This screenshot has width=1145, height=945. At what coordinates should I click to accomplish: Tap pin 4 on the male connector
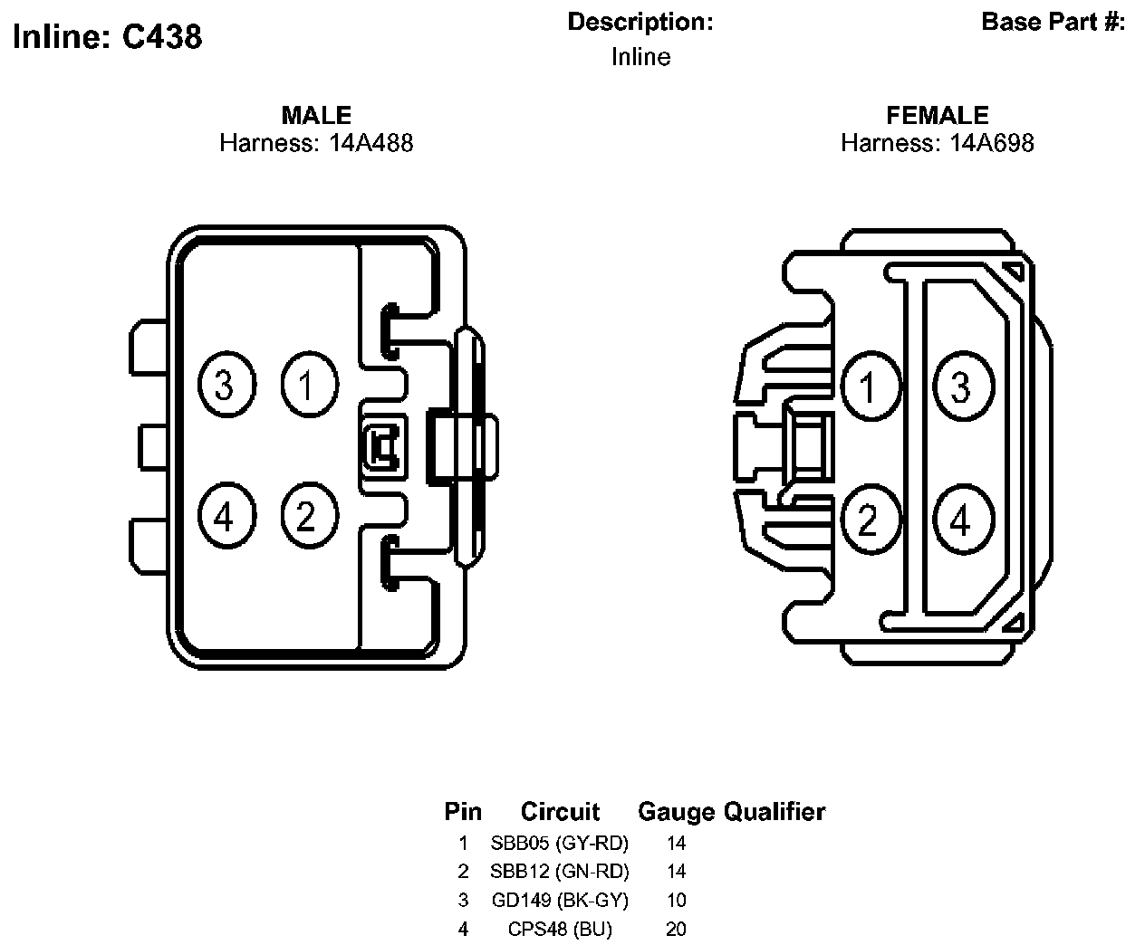tap(225, 517)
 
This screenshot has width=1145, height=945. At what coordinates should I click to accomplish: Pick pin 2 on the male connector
tap(308, 517)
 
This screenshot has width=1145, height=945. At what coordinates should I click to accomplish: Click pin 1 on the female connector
tap(871, 387)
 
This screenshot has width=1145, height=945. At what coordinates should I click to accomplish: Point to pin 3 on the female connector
tap(963, 387)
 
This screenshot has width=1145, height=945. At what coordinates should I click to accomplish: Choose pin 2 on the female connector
tap(871, 520)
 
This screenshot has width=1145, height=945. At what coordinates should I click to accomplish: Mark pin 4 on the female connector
tap(963, 520)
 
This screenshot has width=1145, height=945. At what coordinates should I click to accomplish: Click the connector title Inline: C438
tap(108, 36)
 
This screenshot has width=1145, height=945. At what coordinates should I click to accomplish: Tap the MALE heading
tap(316, 115)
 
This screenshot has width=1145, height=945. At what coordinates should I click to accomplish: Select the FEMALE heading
tap(938, 115)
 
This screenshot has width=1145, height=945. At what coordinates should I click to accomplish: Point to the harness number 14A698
tap(991, 143)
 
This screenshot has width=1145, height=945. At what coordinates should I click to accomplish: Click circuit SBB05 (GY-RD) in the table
tap(560, 844)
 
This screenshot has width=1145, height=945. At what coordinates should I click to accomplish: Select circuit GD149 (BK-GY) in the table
tap(560, 901)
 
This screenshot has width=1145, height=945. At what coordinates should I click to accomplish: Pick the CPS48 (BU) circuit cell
tap(560, 930)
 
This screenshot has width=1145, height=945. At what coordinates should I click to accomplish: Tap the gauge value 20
tap(676, 930)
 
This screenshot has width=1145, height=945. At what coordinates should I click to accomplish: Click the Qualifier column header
tap(775, 812)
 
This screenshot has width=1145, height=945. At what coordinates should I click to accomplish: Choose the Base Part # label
tap(1053, 22)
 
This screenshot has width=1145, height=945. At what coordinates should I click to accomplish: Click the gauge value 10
tap(676, 901)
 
